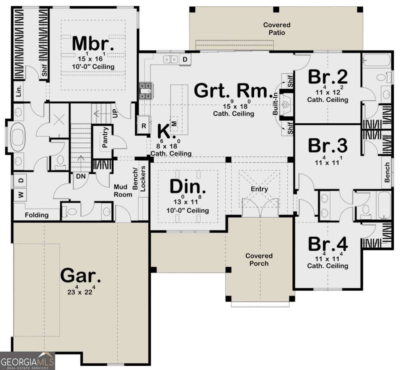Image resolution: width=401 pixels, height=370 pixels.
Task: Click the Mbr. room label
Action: point(93,44)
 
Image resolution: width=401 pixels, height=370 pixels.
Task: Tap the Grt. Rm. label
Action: point(233,91)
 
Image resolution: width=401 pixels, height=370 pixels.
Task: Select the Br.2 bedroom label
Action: point(328,77)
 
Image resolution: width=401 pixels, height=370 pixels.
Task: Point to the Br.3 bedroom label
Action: point(328,145)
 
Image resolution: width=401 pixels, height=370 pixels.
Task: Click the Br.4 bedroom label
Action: point(328,244)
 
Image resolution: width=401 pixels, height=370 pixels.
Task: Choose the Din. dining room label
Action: point(187,187)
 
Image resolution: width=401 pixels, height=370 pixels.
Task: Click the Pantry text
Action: point(105,137)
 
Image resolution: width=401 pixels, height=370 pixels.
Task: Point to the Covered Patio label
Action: point(277,29)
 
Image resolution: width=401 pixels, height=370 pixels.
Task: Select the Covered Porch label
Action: point(259,259)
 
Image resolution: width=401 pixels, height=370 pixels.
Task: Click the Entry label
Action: point(259,189)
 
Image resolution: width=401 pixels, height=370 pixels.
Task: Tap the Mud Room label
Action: point(123,191)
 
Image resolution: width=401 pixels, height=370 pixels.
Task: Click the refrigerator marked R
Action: point(144,125)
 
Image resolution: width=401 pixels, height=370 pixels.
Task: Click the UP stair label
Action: point(115,113)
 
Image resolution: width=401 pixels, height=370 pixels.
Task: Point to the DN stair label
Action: point(81,176)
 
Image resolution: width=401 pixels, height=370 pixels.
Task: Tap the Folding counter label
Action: point(37,215)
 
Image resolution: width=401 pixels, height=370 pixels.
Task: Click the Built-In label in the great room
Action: point(275,104)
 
